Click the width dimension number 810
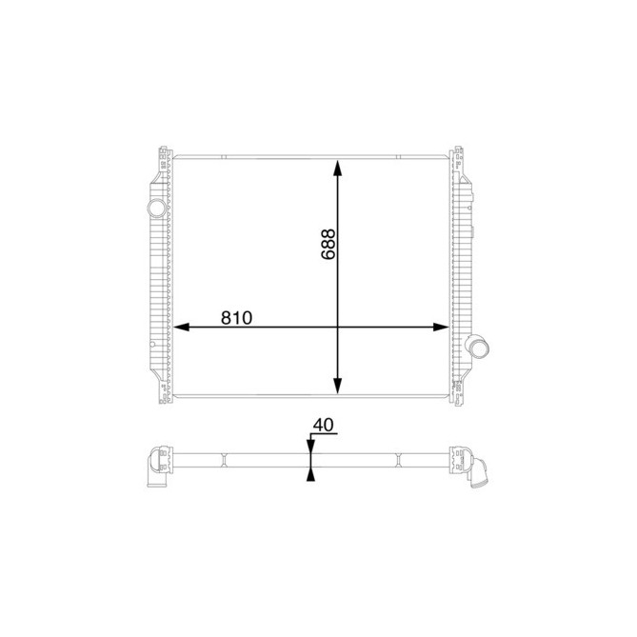click(x=235, y=317)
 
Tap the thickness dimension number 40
click(x=325, y=425)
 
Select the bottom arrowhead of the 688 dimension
click(x=337, y=385)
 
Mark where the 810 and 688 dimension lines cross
click(x=337, y=327)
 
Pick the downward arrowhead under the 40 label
click(x=310, y=445)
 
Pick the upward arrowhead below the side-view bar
click(x=310, y=473)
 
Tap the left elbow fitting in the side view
click(x=154, y=468)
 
